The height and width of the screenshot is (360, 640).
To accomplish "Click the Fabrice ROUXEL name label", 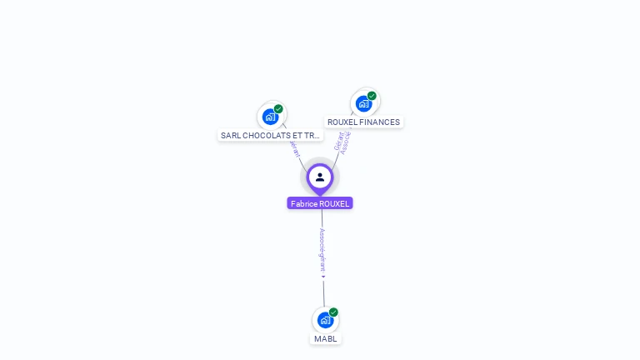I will coord(320,203).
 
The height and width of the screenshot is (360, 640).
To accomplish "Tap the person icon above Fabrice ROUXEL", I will coord(320,177).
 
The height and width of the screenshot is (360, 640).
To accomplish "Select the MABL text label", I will coord(325,339).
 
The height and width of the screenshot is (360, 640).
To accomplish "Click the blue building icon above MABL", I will coord(325,319).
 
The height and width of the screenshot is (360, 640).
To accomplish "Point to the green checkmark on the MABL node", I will coord(333,312).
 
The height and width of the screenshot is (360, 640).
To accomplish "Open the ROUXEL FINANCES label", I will coord(363,122).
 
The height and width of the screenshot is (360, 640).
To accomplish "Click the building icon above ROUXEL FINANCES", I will coord(363,103).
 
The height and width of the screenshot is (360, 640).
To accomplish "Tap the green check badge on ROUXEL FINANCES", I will coord(372,96).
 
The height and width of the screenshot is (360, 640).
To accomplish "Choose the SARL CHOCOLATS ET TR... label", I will coord(270,135).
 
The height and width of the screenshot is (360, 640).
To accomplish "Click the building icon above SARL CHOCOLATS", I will coord(270,117).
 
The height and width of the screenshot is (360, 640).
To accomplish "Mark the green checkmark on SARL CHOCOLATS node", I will coord(278,109).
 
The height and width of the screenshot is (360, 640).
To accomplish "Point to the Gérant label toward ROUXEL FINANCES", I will coord(338,142).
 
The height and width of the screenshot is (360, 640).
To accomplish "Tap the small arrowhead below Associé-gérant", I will coord(323,277).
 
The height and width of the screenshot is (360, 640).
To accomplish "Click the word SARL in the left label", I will coord(230,135).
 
